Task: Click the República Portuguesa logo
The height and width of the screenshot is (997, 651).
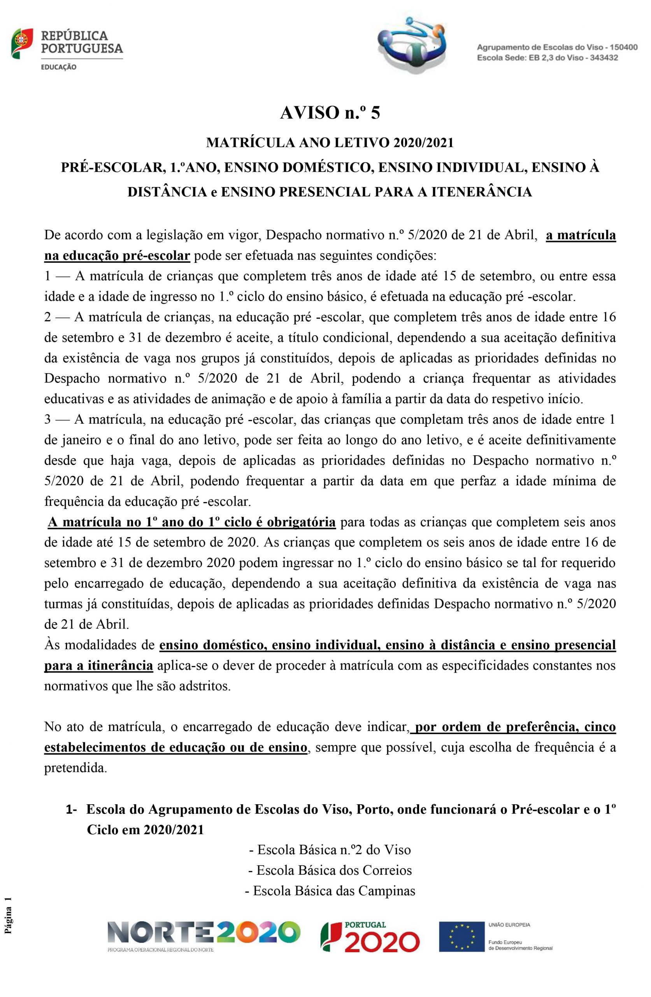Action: tap(67, 49)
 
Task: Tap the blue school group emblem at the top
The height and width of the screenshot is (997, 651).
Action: tap(409, 46)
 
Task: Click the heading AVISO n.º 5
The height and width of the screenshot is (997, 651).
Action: tap(330, 113)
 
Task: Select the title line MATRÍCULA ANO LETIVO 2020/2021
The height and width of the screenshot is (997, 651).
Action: tap(330, 143)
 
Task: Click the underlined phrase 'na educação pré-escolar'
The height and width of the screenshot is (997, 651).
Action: tap(117, 255)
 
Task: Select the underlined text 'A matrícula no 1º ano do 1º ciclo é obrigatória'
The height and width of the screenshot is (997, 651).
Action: tap(191, 522)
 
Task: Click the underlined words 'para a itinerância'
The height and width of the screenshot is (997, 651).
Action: tap(98, 666)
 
